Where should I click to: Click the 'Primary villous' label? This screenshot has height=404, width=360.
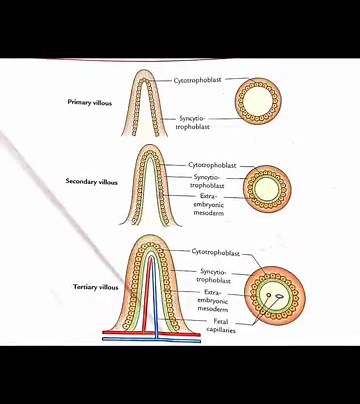click(x=93, y=102)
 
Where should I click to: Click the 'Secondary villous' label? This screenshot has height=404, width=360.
click(x=92, y=182)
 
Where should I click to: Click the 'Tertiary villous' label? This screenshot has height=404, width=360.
click(x=96, y=287)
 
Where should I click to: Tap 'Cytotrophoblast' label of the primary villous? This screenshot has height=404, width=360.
click(x=198, y=79)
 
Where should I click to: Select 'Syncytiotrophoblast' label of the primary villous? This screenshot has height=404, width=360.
click(x=193, y=123)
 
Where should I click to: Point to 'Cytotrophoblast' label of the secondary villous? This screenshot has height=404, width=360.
click(x=212, y=165)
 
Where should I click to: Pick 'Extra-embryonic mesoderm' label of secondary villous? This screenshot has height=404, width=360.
click(x=209, y=204)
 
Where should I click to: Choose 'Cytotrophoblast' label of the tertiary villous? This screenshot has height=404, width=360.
click(x=216, y=252)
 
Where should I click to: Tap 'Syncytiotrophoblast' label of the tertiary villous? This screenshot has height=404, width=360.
click(x=213, y=276)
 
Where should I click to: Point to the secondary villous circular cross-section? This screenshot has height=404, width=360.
click(x=266, y=188)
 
